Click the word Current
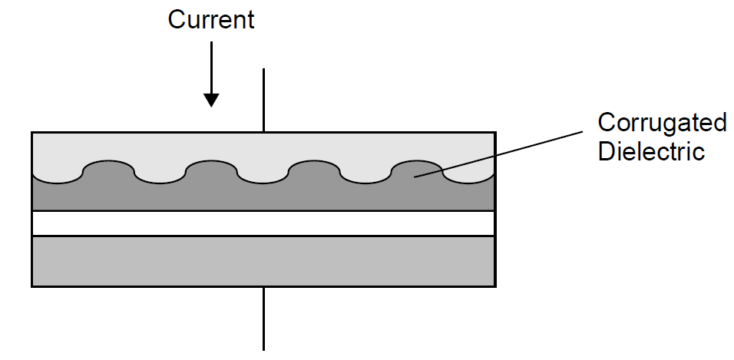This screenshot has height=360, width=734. (211, 20)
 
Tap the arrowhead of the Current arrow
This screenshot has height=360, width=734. (211, 100)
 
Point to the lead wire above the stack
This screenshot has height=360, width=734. (264, 100)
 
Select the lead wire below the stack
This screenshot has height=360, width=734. (264, 318)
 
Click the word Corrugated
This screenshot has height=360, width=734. (662, 122)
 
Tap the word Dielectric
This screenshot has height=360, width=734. (651, 150)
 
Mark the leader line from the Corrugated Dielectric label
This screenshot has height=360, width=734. (507, 154)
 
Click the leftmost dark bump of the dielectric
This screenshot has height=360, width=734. (108, 170)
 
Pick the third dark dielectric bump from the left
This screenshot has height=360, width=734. (314, 170)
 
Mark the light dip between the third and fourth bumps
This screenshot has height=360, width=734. (365, 176)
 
